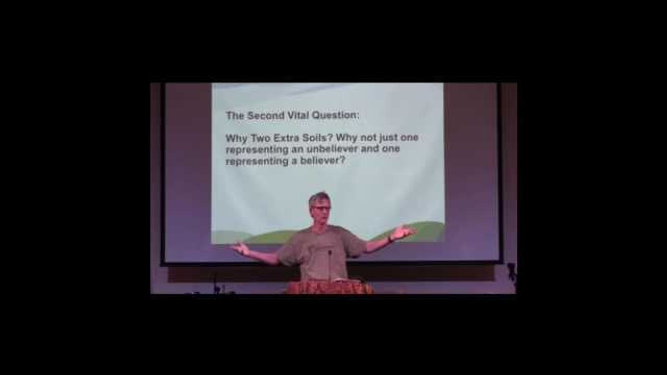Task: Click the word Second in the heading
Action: (266, 116)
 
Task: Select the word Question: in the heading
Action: (335, 116)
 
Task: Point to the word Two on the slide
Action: (261, 139)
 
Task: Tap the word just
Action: (388, 138)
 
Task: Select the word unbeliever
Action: (332, 149)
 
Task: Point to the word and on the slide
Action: (370, 149)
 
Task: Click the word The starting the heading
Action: (235, 116)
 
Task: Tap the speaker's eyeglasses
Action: (320, 209)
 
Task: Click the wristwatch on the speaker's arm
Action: (390, 239)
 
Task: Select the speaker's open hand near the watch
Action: (404, 232)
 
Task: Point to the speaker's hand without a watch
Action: (241, 248)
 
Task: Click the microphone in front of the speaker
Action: (330, 265)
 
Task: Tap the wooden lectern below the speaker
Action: (329, 287)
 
